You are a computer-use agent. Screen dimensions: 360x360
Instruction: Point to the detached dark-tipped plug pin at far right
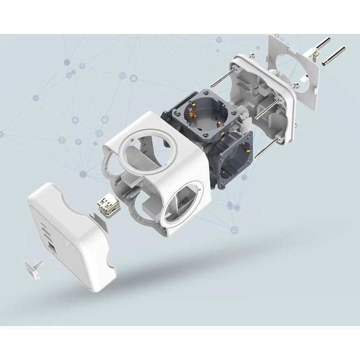pyautogui.click(x=334, y=57)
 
